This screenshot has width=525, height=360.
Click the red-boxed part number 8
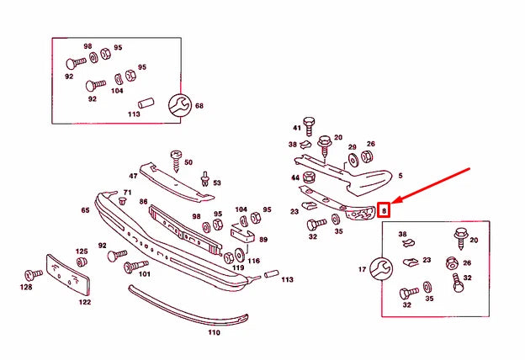tap(384, 210)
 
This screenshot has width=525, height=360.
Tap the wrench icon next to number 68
tap(179, 105)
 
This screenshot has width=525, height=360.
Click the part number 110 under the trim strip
tap(214, 332)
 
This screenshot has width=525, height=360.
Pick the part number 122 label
tap(85, 302)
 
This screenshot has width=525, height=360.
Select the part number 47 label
tap(133, 176)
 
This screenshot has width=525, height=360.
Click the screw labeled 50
tap(177, 157)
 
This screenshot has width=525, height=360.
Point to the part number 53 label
tap(216, 183)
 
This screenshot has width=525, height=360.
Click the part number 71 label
tap(127, 193)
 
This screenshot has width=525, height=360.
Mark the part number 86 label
tap(144, 202)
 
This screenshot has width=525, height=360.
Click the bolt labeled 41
tap(309, 124)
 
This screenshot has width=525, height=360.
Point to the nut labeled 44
tap(309, 177)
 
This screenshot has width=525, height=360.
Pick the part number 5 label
tap(400, 176)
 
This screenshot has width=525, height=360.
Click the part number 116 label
tap(253, 262)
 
